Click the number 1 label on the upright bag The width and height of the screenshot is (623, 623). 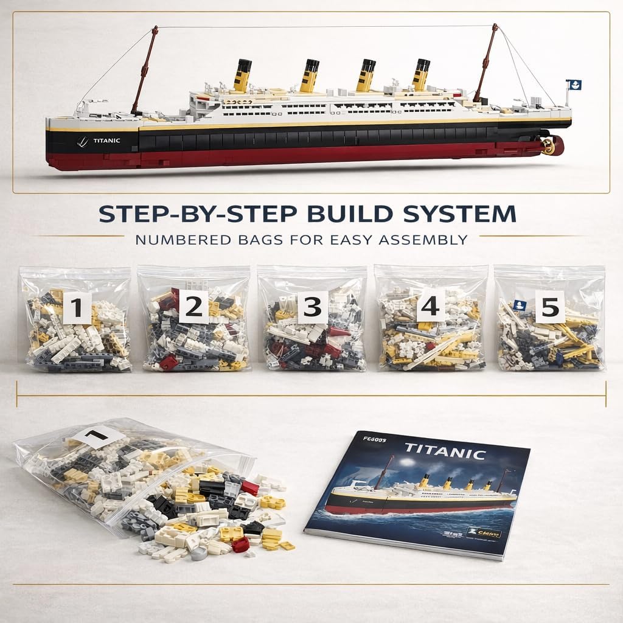[77, 307]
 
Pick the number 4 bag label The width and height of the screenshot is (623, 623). [431, 306]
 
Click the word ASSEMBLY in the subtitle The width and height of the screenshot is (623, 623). [422, 239]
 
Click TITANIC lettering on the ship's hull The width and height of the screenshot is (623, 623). [106, 141]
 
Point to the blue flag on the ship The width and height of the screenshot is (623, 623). [573, 85]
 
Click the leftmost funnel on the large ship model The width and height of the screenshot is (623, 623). [242, 76]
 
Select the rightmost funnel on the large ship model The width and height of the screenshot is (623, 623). [421, 75]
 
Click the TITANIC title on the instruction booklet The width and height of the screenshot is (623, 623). [445, 451]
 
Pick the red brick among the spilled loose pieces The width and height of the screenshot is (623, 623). [249, 487]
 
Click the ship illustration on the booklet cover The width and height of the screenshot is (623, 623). [420, 493]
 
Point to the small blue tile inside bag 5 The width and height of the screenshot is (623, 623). [520, 305]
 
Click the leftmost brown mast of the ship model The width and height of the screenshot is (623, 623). [145, 70]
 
